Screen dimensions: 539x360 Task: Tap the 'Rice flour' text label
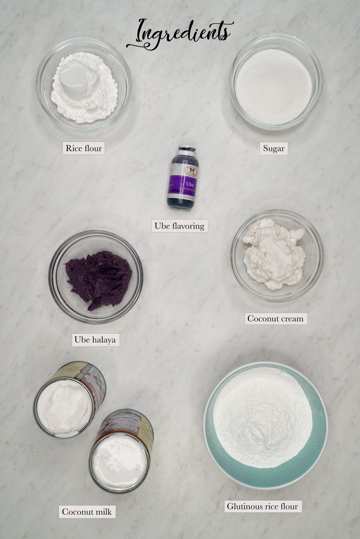pos(84,148)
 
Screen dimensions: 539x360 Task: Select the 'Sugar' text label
pos(274,148)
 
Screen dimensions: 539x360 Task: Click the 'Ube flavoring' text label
pos(179,226)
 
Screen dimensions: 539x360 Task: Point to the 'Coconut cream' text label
pos(275,318)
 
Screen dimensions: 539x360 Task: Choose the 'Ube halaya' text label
pos(95,340)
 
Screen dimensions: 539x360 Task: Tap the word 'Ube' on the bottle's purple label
pos(190,184)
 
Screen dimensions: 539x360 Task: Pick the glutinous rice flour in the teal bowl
pos(263,417)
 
